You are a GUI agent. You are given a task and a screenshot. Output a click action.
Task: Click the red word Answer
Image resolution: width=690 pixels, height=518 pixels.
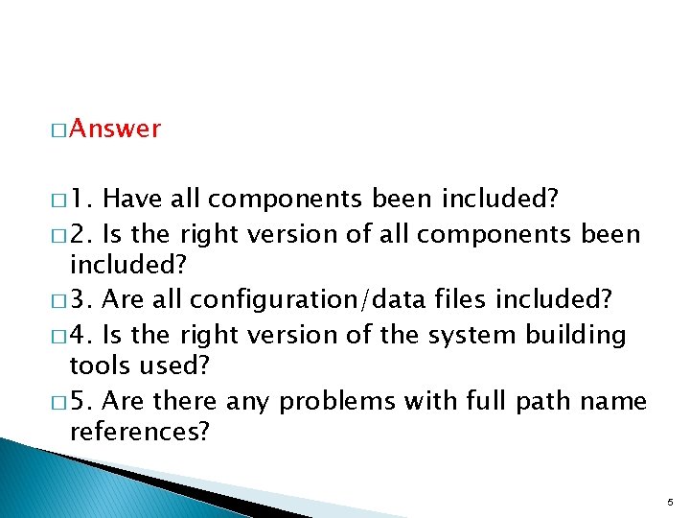(x=115, y=129)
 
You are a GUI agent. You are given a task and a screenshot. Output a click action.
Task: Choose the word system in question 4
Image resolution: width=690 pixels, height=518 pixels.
(x=476, y=335)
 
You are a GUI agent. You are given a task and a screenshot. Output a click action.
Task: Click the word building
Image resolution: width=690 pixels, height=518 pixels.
(x=576, y=335)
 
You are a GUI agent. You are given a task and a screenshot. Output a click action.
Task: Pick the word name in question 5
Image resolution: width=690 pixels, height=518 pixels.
(x=613, y=401)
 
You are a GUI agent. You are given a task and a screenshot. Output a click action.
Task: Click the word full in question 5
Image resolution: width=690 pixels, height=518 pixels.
(x=486, y=401)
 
